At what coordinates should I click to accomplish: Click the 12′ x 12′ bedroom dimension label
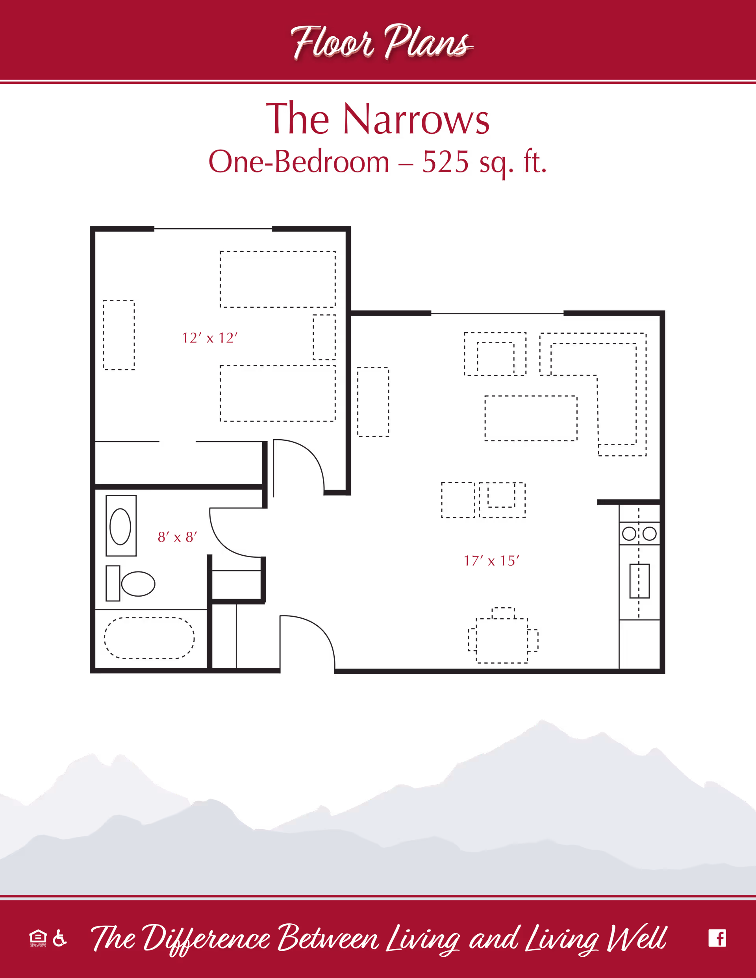click(209, 338)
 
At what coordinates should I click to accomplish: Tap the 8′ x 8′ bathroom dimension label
click(177, 537)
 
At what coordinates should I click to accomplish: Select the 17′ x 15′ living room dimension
click(491, 561)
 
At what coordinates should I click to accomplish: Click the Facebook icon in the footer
click(717, 938)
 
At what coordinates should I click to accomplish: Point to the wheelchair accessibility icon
click(59, 938)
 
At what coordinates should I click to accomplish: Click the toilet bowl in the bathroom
click(138, 584)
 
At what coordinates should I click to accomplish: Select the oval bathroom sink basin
click(120, 526)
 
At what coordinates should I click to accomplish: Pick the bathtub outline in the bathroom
click(149, 638)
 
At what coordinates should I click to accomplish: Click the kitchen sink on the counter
click(639, 581)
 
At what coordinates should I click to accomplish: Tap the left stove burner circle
click(629, 533)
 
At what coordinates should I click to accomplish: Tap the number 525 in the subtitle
click(445, 162)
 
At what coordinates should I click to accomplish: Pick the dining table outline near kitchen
click(502, 640)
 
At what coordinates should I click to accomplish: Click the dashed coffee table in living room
click(531, 418)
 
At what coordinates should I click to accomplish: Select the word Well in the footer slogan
click(636, 939)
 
